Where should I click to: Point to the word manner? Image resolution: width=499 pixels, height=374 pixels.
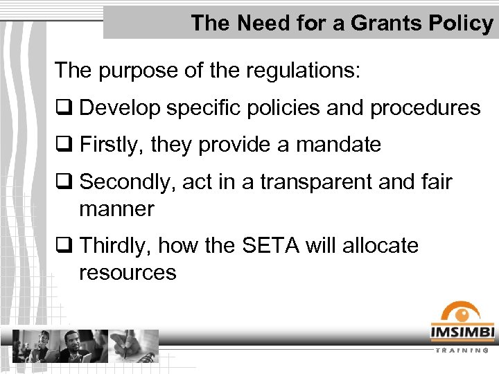[x=116, y=208]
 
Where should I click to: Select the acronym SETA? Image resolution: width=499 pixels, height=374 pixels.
[x=263, y=246]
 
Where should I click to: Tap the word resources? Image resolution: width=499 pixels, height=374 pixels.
[x=128, y=272]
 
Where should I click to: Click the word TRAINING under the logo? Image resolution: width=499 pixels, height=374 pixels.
[x=462, y=351]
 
